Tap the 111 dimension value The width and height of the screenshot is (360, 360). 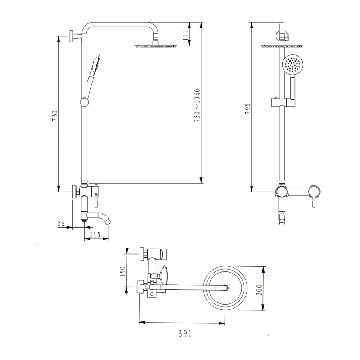(x=186, y=35)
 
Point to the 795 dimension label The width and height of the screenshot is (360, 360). (x=248, y=108)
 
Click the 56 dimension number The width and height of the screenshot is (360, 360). (x=62, y=224)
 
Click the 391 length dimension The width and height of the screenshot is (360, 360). (x=185, y=334)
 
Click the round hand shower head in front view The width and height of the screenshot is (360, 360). (x=292, y=65)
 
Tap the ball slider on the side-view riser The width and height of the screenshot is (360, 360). (x=84, y=102)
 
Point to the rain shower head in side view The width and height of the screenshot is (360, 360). (x=156, y=45)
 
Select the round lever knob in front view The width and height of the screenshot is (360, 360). (x=315, y=191)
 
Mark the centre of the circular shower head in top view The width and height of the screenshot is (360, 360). (x=225, y=288)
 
